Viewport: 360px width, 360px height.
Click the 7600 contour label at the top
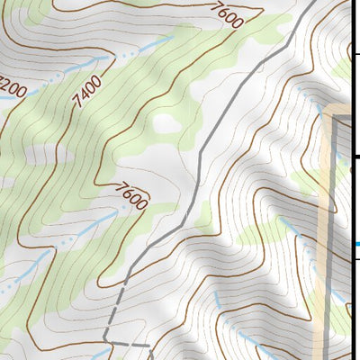(x=230, y=16)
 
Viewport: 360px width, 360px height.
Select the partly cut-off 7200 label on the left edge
(x=11, y=87)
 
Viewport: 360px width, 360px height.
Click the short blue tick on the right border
(x=355, y=243)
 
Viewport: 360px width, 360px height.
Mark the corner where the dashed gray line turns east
(x=105, y=340)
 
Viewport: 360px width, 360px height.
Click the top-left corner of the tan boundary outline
(x=329, y=112)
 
